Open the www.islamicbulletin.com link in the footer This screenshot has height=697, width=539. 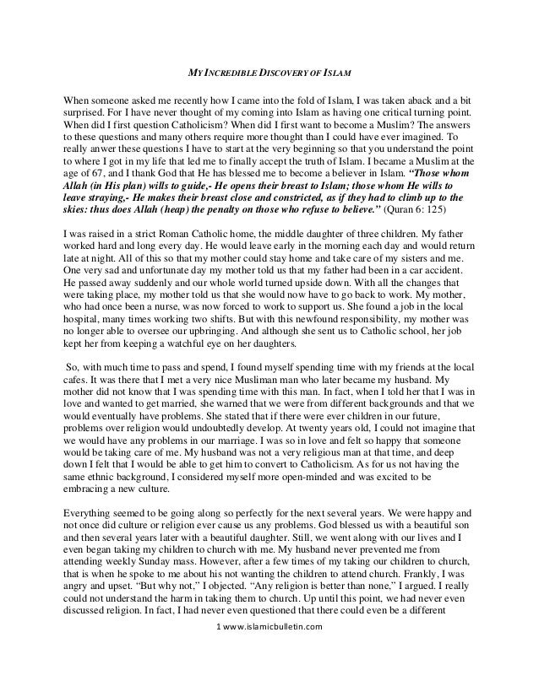(x=275, y=675)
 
